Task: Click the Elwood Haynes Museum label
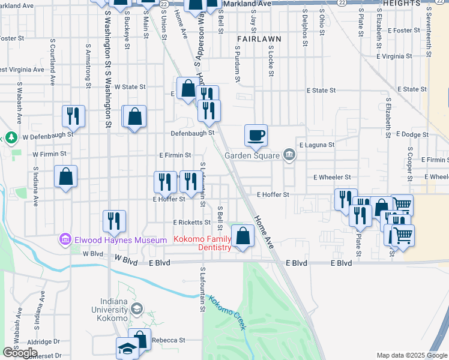(x=120, y=240)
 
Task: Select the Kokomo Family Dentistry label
(x=203, y=243)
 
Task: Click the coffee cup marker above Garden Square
(x=256, y=135)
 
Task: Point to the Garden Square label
(x=252, y=155)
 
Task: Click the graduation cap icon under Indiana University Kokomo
(x=137, y=309)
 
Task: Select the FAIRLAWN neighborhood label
(x=259, y=38)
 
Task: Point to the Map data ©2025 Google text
(x=412, y=355)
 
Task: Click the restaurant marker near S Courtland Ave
(x=73, y=115)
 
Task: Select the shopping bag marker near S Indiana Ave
(x=65, y=177)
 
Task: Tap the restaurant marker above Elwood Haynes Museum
(x=114, y=221)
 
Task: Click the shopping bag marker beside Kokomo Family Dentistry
(x=243, y=236)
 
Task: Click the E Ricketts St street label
(x=190, y=222)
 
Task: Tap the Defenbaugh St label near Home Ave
(x=192, y=133)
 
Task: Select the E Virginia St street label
(x=391, y=56)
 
